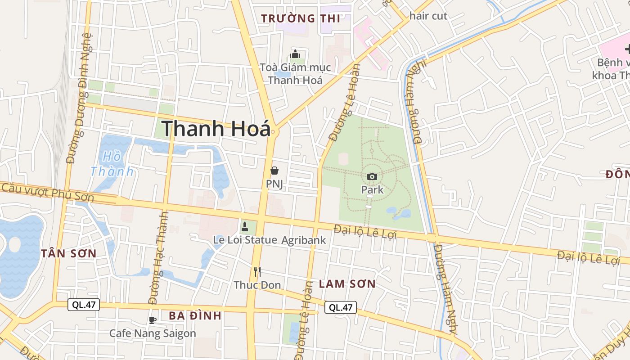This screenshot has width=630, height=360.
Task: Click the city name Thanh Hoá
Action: [x=216, y=129]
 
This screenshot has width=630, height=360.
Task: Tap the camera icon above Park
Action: [x=372, y=176]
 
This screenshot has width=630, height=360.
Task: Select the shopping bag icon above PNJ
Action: [x=274, y=171]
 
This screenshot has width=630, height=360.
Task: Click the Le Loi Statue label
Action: [x=245, y=240]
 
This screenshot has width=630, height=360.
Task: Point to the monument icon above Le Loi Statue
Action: [x=245, y=226]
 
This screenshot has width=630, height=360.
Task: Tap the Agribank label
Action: [x=303, y=240]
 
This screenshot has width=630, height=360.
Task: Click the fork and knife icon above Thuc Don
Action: [x=257, y=271]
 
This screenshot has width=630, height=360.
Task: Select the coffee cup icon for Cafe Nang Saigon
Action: [x=153, y=320]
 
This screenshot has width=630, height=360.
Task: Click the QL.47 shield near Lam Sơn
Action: [x=341, y=307]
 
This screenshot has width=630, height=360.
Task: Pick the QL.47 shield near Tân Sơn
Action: [x=84, y=305]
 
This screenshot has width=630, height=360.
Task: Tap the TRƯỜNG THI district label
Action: [x=301, y=18]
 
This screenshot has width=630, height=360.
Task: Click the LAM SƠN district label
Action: [x=347, y=284]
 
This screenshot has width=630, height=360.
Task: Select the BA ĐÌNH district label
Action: [x=195, y=315]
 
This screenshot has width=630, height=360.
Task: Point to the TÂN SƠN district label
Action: [x=69, y=253]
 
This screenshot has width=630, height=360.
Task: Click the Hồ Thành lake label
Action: [x=112, y=164]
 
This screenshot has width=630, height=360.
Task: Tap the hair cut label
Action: [x=428, y=16]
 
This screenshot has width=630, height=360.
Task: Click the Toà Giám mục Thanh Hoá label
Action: [x=295, y=74]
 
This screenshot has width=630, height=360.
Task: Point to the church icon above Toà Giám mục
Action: [x=295, y=54]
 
